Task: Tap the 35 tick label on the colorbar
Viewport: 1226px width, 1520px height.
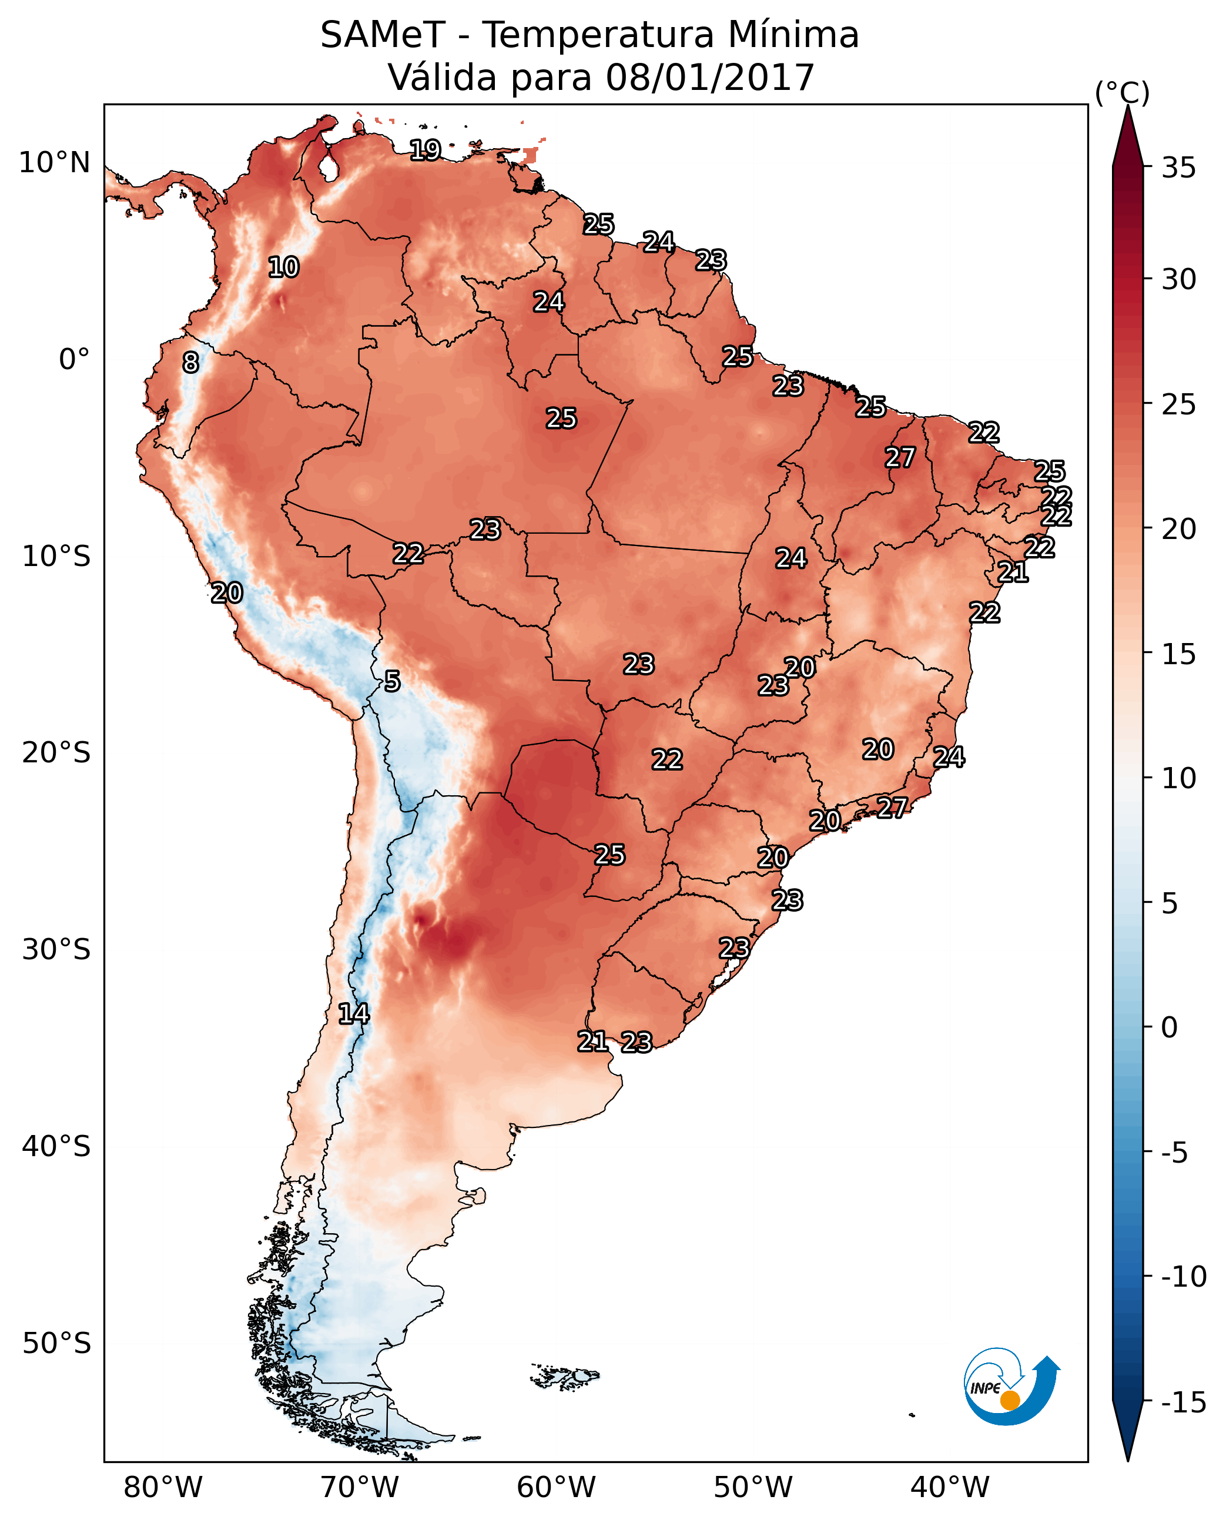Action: point(1178,168)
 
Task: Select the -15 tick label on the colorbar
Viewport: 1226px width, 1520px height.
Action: point(1183,1403)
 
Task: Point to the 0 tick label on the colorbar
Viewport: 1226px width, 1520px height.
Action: point(1170,1027)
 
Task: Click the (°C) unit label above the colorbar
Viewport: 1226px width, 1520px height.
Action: point(1122,92)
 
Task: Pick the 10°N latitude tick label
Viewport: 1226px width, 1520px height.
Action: point(55,163)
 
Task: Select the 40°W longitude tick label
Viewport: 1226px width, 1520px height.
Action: point(950,1487)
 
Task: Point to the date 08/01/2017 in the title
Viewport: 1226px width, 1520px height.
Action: point(710,78)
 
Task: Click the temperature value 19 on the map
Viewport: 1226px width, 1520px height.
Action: point(425,150)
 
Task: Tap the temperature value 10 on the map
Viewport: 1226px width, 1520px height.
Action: point(284,267)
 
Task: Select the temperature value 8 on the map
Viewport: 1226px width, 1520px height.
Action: point(190,362)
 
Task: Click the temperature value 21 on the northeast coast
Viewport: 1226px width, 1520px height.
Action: point(1013,571)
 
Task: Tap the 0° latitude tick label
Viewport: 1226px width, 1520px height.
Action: point(74,360)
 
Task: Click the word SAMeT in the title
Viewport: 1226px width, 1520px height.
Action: point(383,35)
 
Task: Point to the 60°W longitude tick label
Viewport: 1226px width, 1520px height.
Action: point(557,1487)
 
